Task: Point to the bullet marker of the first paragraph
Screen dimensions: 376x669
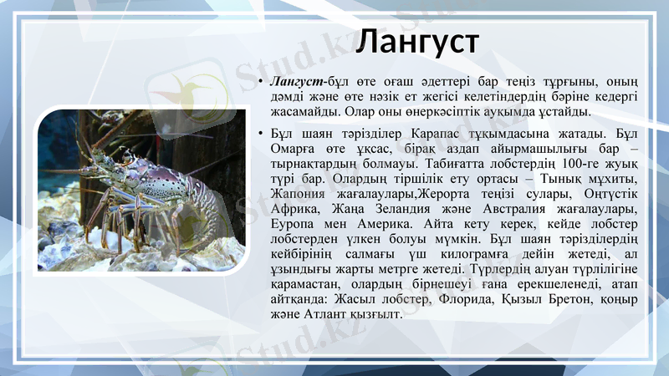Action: pyautogui.click(x=262, y=81)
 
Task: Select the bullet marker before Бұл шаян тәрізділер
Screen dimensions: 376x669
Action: pyautogui.click(x=262, y=134)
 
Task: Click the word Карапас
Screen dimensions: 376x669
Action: pyautogui.click(x=442, y=134)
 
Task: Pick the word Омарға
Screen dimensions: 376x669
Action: pyautogui.click(x=293, y=149)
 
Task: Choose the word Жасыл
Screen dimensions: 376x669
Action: pyautogui.click(x=353, y=299)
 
